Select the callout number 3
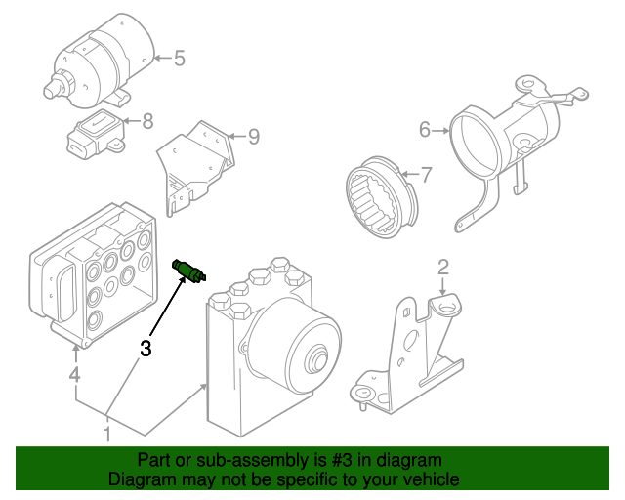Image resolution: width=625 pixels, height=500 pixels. tap(146, 348)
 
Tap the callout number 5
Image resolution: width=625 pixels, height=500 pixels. tap(179, 59)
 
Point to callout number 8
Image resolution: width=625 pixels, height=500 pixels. tap(148, 121)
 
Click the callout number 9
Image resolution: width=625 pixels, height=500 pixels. tap(253, 137)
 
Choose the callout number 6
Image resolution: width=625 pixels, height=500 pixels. tap(425, 130)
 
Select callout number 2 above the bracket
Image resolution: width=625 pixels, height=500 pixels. tap(442, 267)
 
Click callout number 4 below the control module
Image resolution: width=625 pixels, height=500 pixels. tap(74, 375)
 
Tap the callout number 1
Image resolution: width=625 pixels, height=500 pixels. tap(107, 434)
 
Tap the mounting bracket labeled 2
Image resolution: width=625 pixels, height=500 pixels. tap(410, 352)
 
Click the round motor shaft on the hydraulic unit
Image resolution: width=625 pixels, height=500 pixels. tap(317, 363)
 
